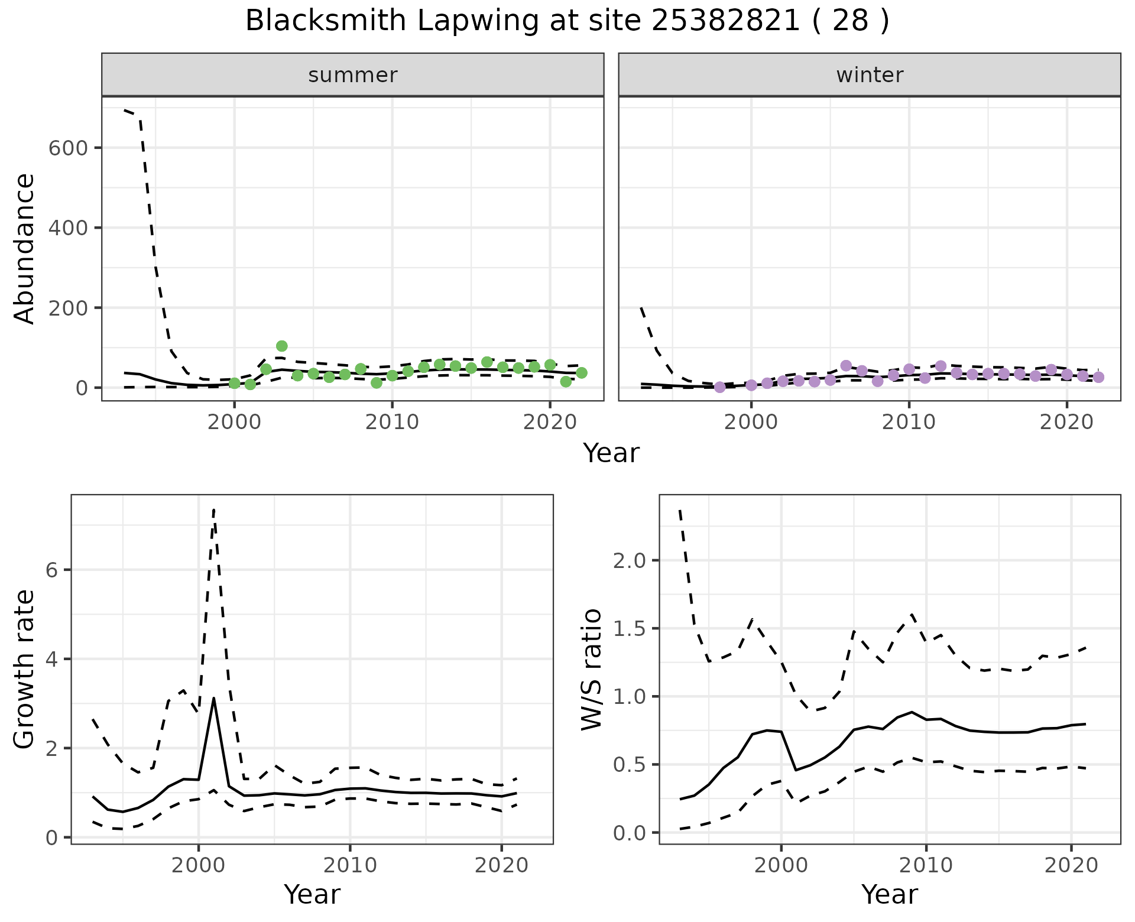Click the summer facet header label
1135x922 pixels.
[353, 75]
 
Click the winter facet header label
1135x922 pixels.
[870, 75]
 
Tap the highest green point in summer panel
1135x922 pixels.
[282, 346]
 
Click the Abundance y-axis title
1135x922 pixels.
[25, 248]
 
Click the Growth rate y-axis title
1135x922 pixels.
[25, 669]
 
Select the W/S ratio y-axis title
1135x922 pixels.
[592, 669]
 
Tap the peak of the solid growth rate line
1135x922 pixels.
[213, 698]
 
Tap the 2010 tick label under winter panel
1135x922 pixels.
[909, 423]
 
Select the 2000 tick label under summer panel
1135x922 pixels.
[235, 423]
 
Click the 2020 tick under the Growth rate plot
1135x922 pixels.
[501, 866]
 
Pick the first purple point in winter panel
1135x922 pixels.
[719, 387]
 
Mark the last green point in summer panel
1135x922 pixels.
[582, 372]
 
